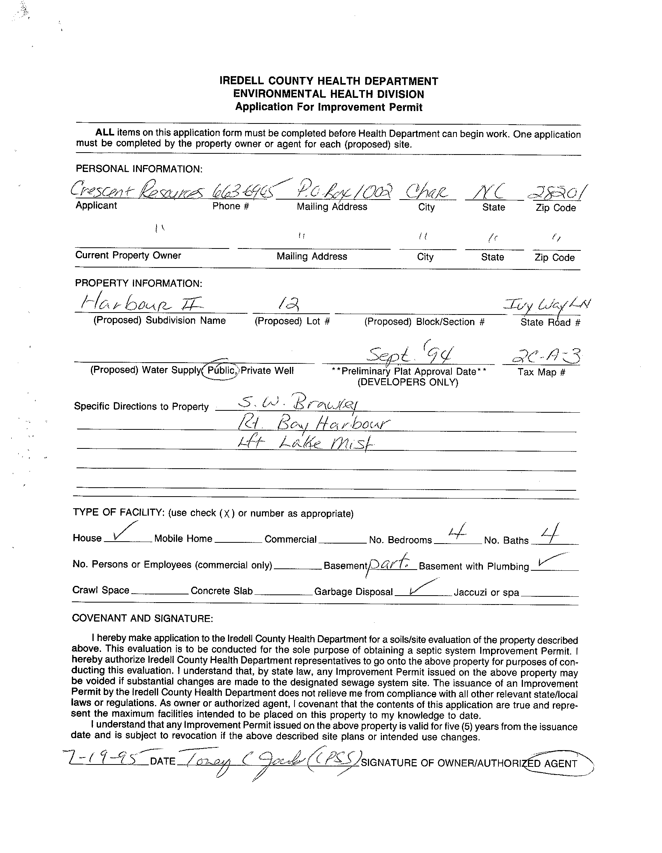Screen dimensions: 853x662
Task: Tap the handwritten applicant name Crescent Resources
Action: point(137,191)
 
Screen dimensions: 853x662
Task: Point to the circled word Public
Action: point(221,370)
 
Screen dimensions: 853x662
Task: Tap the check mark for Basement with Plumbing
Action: point(552,560)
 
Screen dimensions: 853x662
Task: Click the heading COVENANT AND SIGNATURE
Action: point(143,618)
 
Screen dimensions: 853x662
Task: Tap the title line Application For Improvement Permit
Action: point(329,107)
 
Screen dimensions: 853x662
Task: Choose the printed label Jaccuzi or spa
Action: point(486,592)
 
